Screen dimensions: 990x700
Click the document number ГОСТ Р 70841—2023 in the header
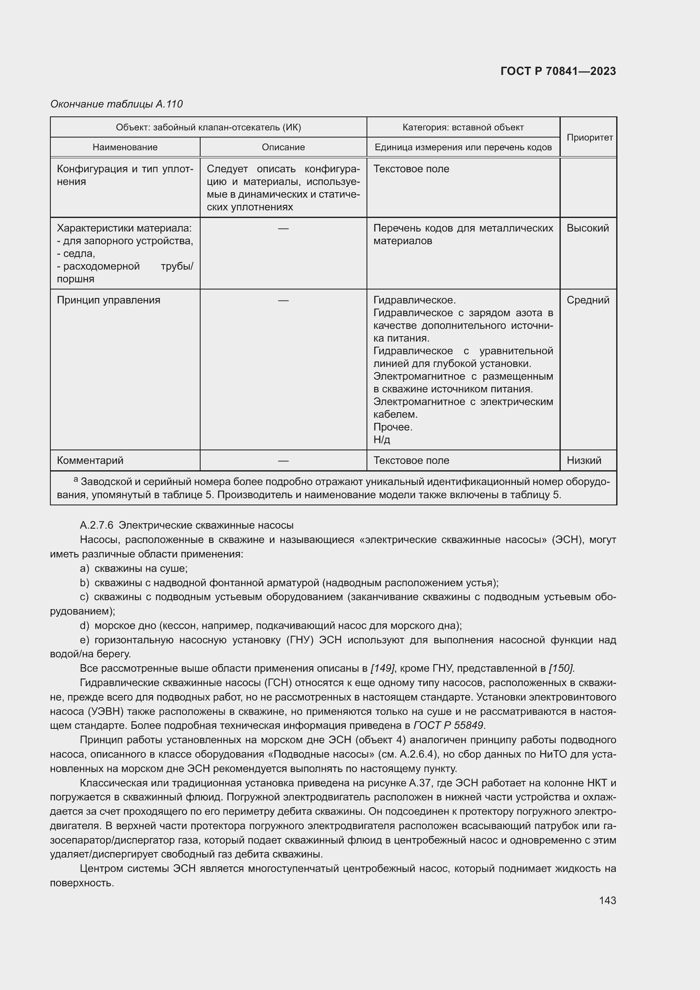pos(558,72)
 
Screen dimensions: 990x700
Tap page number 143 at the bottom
pos(607,900)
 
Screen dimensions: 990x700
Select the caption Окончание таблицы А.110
pos(116,104)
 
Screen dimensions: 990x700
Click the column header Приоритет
pos(589,138)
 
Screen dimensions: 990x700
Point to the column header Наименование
pos(125,147)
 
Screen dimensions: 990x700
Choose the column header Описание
pos(283,147)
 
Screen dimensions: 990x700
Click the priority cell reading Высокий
pos(587,228)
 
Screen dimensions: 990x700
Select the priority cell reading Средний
pos(588,300)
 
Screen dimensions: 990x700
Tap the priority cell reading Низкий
pos(584,461)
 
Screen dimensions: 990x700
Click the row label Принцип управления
pos(109,300)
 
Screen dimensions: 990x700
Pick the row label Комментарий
pos(90,461)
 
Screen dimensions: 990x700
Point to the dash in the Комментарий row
pos(283,461)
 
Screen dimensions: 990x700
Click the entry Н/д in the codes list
pos(381,440)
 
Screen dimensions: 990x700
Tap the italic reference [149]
pos(382,668)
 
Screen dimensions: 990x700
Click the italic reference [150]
pos(561,668)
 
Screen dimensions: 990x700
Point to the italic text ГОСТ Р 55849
pos(448,725)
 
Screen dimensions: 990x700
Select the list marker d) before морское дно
pos(85,625)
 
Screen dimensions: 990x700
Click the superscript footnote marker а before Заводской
pos(76,479)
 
